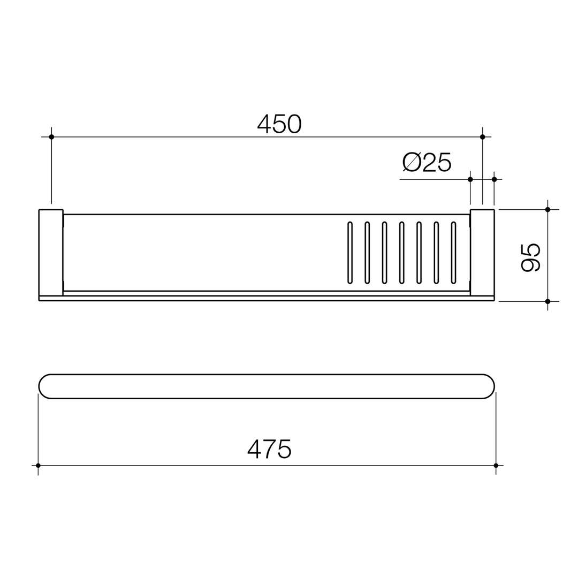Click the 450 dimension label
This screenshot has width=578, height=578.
(x=279, y=124)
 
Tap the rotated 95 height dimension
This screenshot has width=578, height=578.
(x=530, y=257)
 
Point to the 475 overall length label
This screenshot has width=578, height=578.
(x=269, y=448)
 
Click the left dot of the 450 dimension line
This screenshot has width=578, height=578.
(x=51, y=137)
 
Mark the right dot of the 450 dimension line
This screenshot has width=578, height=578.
(x=482, y=137)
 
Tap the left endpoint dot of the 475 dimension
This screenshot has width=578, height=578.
(x=38, y=466)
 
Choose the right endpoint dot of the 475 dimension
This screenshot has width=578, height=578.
(x=496, y=466)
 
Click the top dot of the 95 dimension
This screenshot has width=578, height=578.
(x=547, y=209)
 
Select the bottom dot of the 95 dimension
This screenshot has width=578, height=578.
(x=547, y=301)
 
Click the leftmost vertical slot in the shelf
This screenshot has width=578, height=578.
(x=350, y=253)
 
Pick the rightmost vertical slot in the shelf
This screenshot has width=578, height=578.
(x=453, y=253)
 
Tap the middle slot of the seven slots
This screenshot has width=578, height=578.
(x=402, y=253)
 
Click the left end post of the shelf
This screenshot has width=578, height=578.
(x=51, y=253)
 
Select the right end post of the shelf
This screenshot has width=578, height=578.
(x=482, y=253)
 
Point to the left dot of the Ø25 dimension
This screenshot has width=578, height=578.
(x=470, y=179)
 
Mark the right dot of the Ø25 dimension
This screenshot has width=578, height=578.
(x=494, y=179)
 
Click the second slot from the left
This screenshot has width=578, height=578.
(x=367, y=253)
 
